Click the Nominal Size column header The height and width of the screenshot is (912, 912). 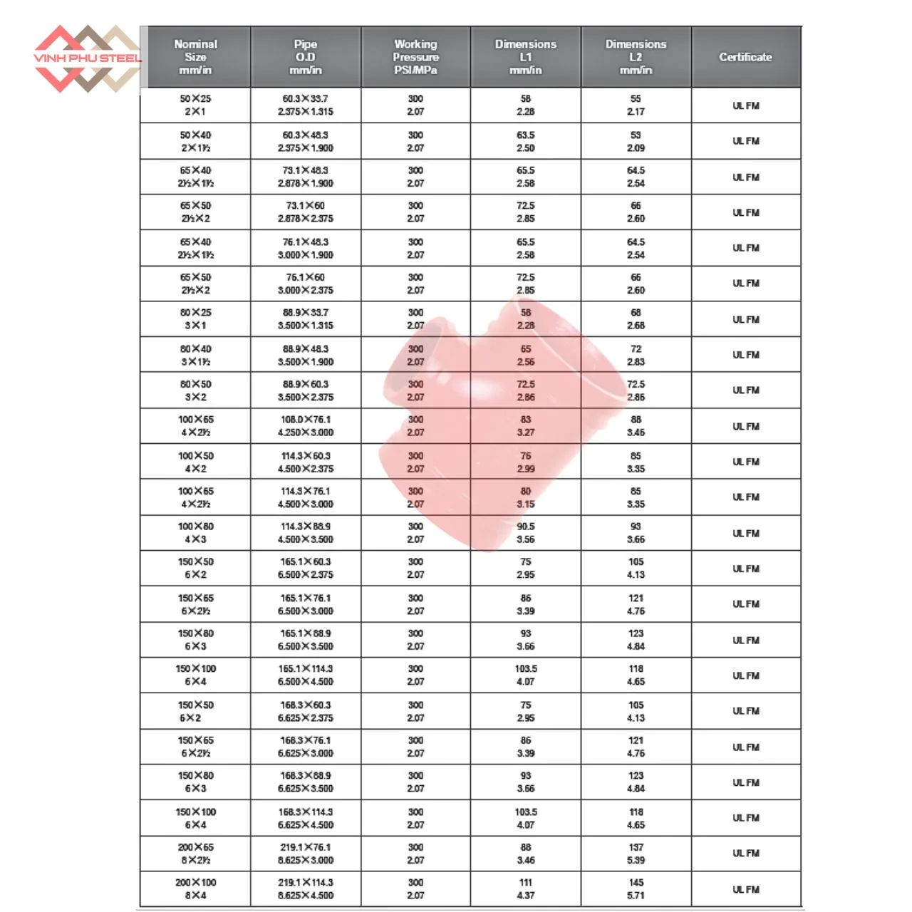pos(195,57)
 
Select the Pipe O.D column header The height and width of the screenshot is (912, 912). pos(306,57)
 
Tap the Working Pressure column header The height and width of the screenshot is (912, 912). pos(415,57)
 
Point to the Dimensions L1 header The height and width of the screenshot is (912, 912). pos(526,57)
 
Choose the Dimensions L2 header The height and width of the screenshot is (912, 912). pos(636,57)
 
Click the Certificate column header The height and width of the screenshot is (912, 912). pos(745,57)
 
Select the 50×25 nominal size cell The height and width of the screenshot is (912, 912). pos(195,105)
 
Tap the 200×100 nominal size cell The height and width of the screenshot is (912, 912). pos(195,888)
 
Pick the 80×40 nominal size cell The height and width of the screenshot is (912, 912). pos(195,355)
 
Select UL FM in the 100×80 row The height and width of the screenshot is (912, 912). pos(745,533)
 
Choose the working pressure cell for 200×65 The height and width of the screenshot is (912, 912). pos(415,854)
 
